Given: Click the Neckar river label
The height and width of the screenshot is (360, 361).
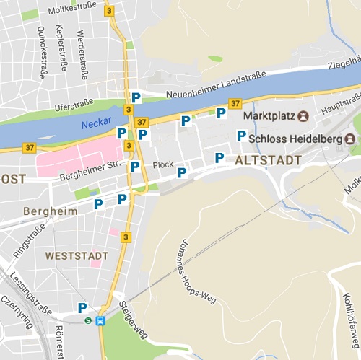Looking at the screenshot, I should (x=95, y=124).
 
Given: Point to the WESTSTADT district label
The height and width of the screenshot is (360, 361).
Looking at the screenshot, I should (x=77, y=256).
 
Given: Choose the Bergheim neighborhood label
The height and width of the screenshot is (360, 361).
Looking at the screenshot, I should (x=50, y=211).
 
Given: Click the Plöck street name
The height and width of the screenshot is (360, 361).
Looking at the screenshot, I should (x=162, y=164).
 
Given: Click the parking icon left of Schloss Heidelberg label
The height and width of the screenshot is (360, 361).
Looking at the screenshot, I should (x=241, y=136).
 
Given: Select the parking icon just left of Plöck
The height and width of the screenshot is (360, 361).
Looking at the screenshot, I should (x=135, y=167).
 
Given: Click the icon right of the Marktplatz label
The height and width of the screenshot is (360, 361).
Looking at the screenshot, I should (x=303, y=115).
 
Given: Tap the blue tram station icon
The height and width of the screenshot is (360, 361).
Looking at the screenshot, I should (x=100, y=321).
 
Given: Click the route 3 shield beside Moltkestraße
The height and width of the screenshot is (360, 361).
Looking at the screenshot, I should (x=109, y=11).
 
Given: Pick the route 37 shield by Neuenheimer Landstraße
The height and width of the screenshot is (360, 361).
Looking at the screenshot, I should (x=235, y=104).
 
